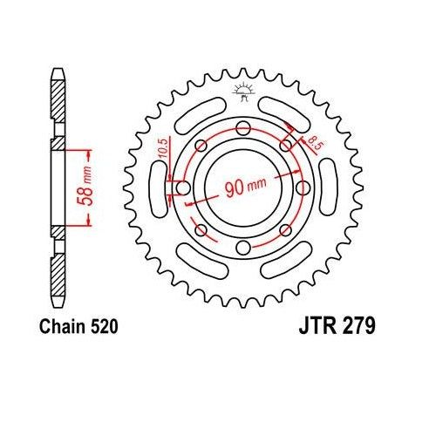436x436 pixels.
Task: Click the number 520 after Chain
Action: pos(101,328)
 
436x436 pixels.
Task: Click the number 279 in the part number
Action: pos(358,328)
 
